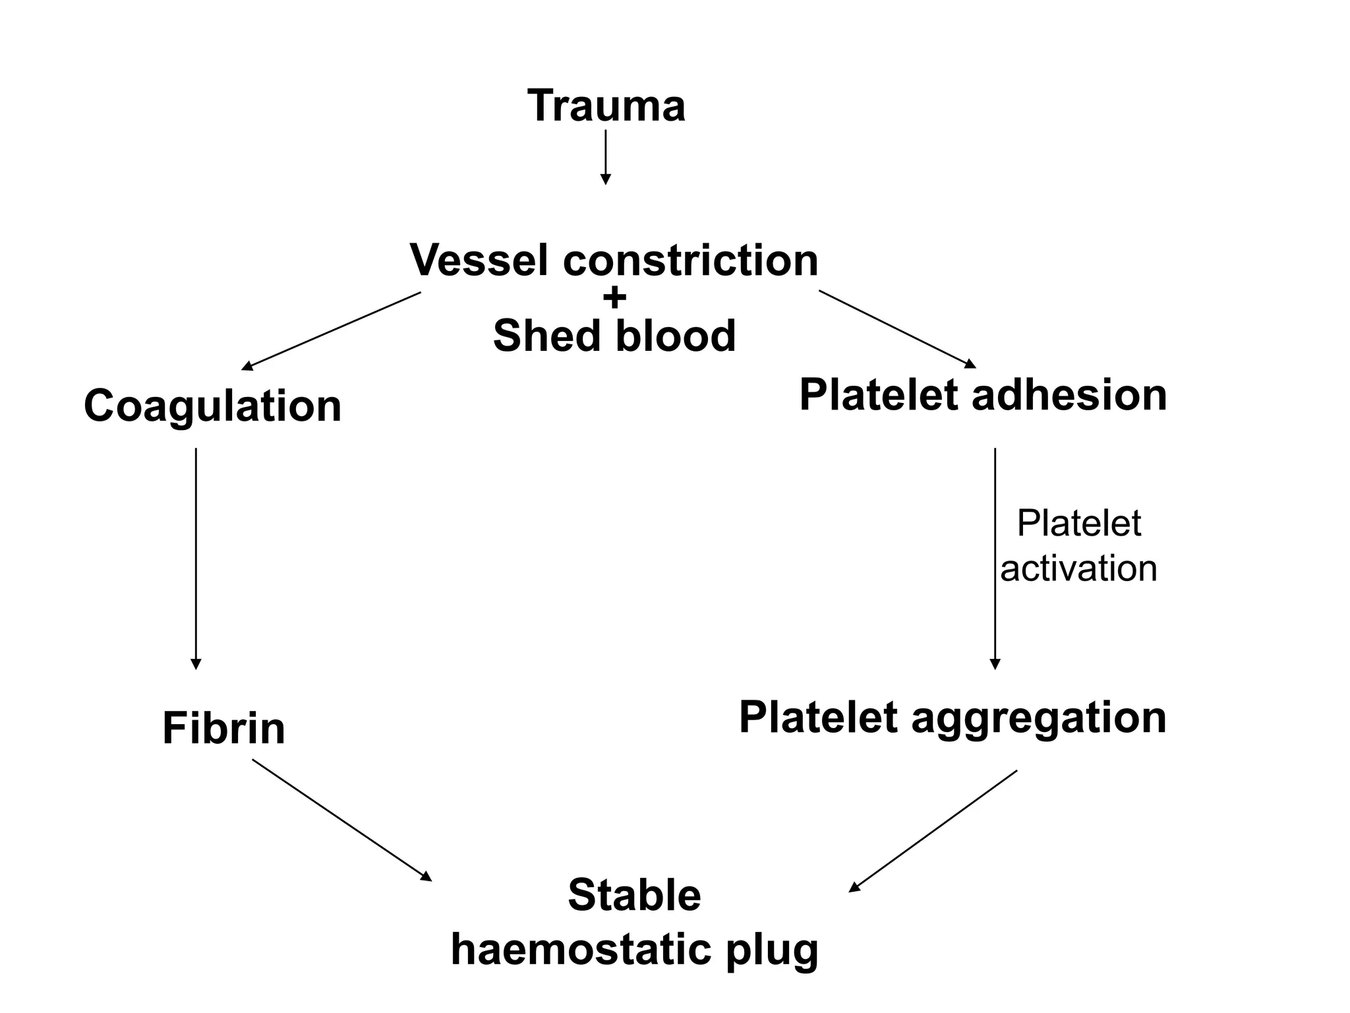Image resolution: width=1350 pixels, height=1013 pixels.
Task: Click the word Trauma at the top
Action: pos(606,106)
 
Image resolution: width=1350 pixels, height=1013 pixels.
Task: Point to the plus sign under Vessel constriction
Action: pos(614,298)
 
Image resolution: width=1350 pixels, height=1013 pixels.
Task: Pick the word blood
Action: pos(675,336)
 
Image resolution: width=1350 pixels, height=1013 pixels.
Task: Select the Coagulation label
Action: pos(212,406)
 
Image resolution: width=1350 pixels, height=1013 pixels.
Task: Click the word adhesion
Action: pos(1069,395)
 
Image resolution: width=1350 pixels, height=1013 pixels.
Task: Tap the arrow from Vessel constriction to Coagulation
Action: pos(332,330)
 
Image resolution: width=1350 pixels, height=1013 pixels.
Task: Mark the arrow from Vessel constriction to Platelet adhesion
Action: pos(897,328)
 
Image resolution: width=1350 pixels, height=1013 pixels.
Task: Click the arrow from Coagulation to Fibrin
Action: pos(196,558)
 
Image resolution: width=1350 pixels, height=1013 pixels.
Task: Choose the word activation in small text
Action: pos(1078,568)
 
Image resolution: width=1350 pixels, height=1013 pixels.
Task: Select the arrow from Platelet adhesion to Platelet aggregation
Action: pos(995,558)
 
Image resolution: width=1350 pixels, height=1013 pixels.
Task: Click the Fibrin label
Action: pos(223,729)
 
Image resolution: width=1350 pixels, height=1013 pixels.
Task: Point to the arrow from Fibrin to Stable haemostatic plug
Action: pos(341,820)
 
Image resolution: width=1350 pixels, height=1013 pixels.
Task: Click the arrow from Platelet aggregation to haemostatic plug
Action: pos(933,831)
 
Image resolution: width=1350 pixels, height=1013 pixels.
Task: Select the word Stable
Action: pos(634,895)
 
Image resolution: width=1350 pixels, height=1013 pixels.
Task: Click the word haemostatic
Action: pos(581,950)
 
